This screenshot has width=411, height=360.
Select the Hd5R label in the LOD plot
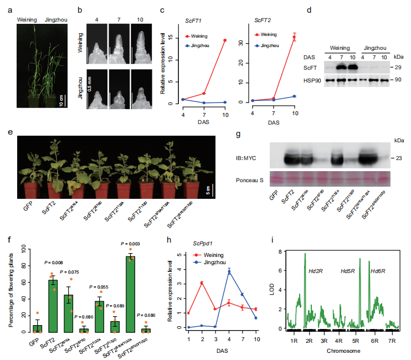point(347,271)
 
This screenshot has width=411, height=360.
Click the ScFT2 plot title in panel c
point(263,20)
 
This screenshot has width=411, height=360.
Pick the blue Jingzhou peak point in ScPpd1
point(229,271)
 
